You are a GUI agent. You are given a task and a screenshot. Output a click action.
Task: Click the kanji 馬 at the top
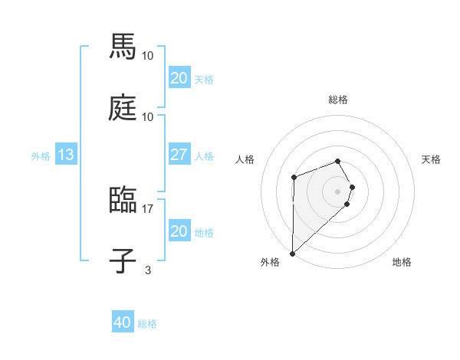pos(123,47)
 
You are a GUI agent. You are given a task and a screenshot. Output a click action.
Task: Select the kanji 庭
pos(123,109)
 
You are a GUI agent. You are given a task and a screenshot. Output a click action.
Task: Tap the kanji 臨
pos(123,201)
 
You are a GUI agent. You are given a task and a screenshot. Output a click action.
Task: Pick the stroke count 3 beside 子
pos(148,270)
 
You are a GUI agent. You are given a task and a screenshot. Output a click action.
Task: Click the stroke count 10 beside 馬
pos(148,56)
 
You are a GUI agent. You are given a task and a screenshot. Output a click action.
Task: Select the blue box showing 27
pos(179,155)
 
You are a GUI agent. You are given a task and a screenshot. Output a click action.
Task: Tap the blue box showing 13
pos(65,155)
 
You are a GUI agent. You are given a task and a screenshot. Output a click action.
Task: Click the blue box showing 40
pos(123,322)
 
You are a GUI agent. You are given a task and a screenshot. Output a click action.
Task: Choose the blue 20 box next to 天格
pos(179,78)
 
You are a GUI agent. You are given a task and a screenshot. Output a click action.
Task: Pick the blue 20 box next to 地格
pos(179,231)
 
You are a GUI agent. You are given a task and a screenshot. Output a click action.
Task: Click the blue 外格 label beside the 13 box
pos(41,155)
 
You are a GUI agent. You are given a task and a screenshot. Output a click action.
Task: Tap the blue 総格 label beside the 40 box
pos(147,324)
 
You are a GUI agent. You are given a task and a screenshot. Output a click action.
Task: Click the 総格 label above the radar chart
pos(338,100)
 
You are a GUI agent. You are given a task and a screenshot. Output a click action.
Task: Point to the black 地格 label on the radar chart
pos(402,263)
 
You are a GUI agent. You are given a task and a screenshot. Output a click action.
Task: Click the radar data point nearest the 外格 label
pos(292,253)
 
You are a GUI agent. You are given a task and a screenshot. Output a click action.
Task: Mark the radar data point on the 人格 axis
pos(294,177)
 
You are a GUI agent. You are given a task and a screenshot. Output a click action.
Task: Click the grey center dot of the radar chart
pos(338,191)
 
